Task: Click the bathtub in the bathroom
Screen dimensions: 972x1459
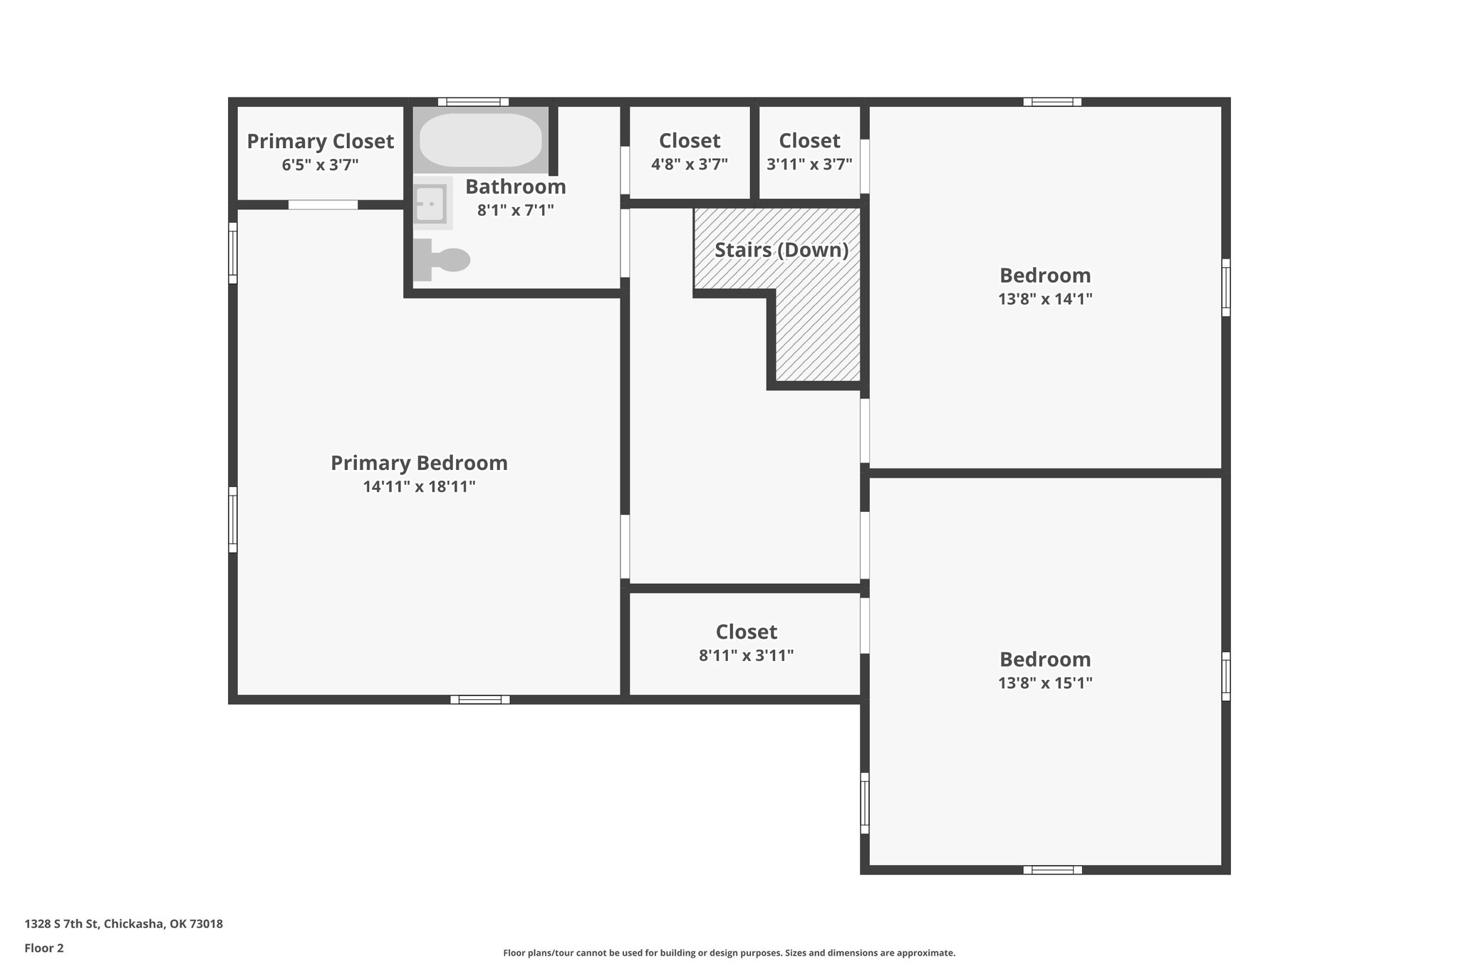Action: tap(480, 140)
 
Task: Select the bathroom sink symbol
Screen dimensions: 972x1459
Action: tap(430, 204)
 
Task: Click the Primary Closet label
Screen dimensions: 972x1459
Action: tap(320, 141)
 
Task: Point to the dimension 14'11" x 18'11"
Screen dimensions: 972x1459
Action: tap(419, 487)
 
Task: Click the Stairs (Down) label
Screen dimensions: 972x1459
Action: tap(782, 250)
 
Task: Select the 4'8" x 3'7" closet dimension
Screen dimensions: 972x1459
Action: tap(689, 164)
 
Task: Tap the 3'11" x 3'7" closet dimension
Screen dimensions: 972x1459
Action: tap(809, 164)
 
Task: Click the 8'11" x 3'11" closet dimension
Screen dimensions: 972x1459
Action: tap(746, 655)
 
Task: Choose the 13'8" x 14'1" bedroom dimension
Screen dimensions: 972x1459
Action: tap(1044, 299)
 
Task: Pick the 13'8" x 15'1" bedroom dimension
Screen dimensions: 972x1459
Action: tap(1044, 683)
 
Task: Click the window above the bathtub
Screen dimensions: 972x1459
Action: tap(473, 102)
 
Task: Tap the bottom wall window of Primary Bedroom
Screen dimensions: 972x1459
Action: tap(479, 699)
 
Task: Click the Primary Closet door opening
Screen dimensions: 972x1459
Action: tap(323, 205)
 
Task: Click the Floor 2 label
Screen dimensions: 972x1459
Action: tap(44, 948)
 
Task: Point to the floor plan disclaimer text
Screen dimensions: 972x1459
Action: tap(729, 953)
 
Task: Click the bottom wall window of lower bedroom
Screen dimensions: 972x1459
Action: tap(1052, 869)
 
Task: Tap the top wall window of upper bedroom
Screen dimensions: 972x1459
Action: tap(1052, 102)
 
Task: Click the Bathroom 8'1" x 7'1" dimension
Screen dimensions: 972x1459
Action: tap(515, 210)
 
